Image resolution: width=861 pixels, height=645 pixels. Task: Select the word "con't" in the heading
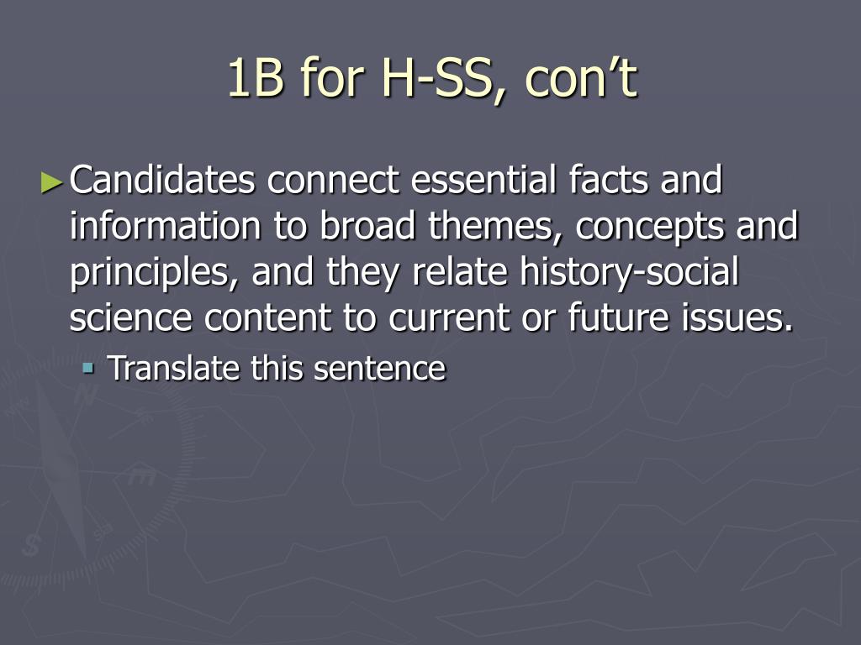[x=581, y=78]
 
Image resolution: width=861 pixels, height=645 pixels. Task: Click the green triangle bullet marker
[x=52, y=182]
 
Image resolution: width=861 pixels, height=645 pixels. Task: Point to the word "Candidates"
[x=162, y=180]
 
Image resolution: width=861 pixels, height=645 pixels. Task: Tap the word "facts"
[x=609, y=180]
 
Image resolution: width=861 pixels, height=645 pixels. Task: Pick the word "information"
[x=166, y=226]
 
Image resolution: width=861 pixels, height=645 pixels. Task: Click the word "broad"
[x=367, y=226]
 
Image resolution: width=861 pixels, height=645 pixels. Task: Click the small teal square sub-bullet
[x=87, y=367]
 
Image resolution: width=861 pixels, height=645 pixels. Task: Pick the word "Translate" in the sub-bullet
[x=173, y=368]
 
